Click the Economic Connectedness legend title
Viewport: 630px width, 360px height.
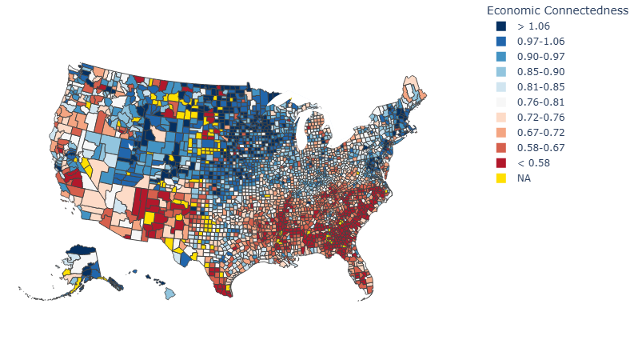tap(557, 10)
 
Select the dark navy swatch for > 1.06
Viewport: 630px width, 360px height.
tap(500, 26)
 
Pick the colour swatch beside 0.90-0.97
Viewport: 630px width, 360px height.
tap(500, 57)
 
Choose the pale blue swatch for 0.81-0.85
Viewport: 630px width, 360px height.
tap(500, 87)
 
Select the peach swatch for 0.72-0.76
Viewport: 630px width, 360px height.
tap(500, 118)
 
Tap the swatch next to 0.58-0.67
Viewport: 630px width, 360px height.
tap(500, 148)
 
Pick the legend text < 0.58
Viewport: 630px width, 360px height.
tap(532, 163)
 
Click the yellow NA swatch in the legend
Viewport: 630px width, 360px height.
tap(500, 178)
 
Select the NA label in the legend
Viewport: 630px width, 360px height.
tap(524, 178)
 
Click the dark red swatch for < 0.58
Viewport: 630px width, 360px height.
tap(500, 163)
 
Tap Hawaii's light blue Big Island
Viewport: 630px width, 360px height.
tap(170, 294)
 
